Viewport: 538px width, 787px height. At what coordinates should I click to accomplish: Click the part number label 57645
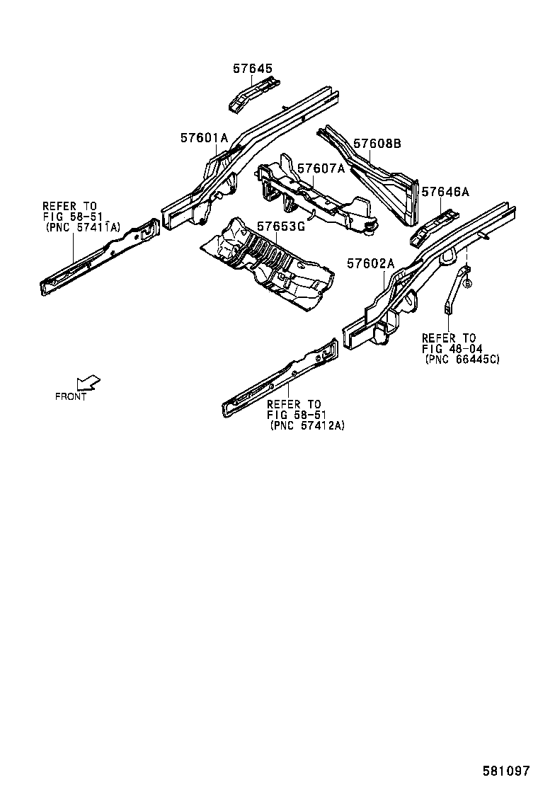[x=252, y=69]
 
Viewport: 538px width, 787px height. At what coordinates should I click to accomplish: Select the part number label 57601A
[x=203, y=138]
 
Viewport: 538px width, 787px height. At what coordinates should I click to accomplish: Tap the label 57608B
[x=377, y=144]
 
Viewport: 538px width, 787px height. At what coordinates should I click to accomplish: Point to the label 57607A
[x=321, y=168]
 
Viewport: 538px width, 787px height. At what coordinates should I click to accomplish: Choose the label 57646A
[x=445, y=192]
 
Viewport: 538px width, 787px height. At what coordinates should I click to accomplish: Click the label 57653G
[x=281, y=226]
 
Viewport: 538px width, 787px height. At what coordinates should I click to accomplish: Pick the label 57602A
[x=370, y=263]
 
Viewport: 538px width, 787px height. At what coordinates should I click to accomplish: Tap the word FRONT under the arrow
[x=71, y=396]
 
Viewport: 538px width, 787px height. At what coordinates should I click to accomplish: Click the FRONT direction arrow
[x=88, y=383]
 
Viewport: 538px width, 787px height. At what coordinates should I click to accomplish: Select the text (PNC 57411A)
[x=83, y=226]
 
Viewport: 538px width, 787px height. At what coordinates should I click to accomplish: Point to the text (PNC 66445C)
[x=462, y=360]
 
